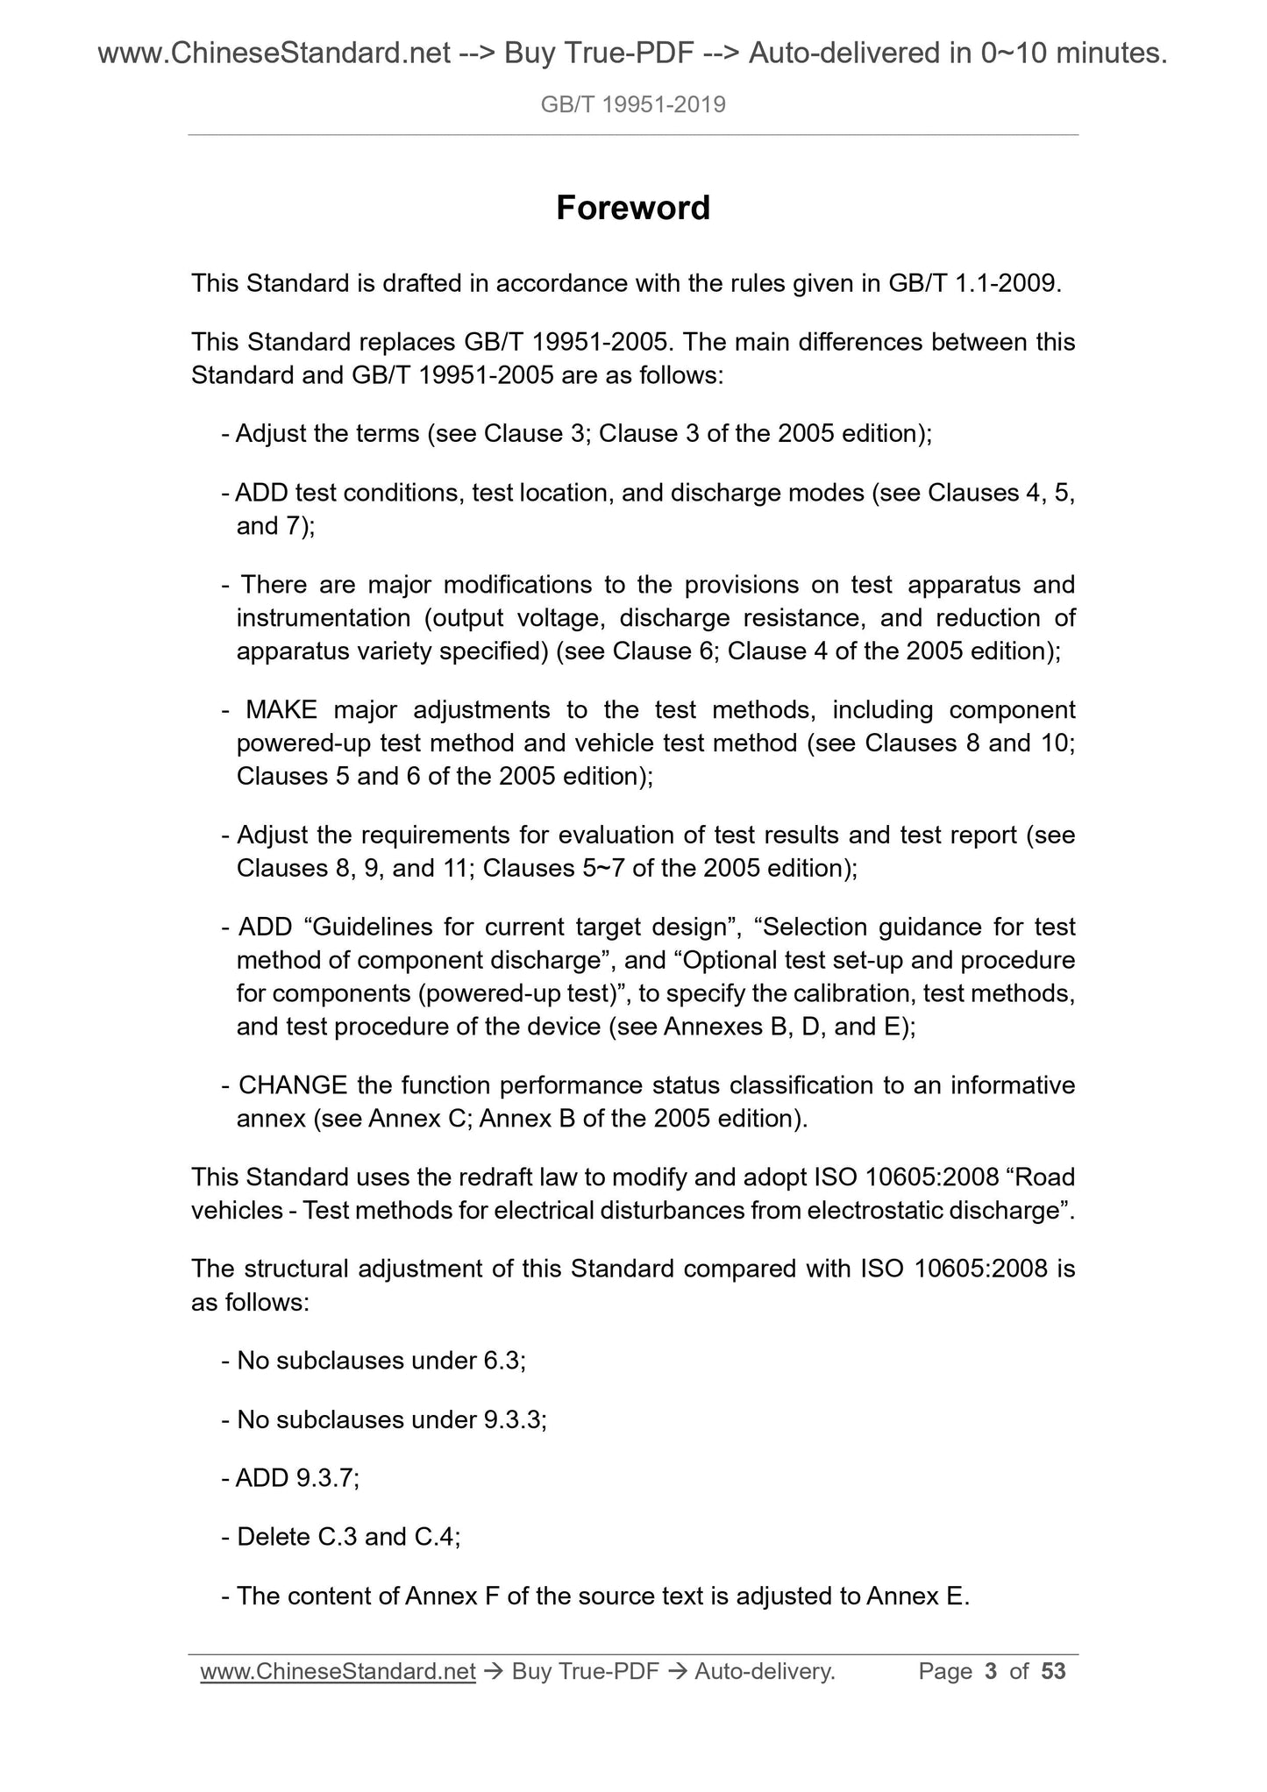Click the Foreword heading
pos(632,209)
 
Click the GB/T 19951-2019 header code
pos(633,105)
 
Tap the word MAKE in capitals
pos(281,709)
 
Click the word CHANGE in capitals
pos(293,1085)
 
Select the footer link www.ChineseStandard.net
pos(338,1672)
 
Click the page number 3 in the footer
pos(991,1672)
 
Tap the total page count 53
pos(1053,1672)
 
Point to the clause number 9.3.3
pos(513,1419)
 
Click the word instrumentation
pos(323,618)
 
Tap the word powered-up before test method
pos(304,743)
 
